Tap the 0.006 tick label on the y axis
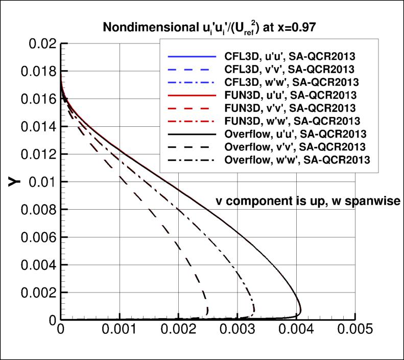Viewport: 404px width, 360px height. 35,237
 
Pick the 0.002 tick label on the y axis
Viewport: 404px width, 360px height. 35,292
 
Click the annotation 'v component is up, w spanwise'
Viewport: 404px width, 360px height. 307,201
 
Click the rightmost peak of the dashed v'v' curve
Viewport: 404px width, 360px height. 208,310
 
